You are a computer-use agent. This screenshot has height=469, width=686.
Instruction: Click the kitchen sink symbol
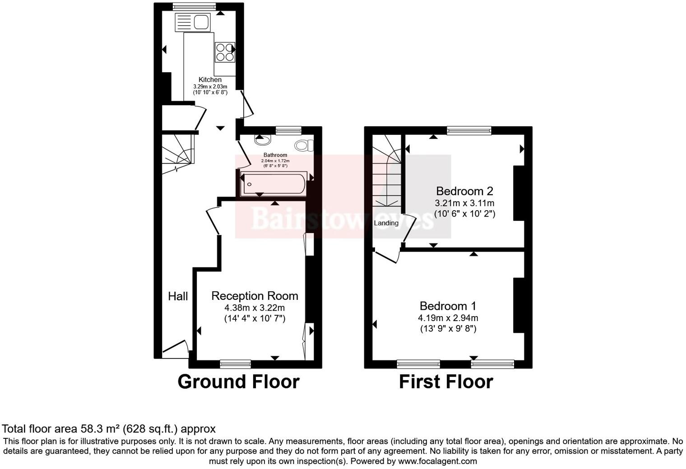click(x=193, y=22)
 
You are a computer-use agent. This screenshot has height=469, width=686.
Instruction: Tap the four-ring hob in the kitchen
click(x=225, y=52)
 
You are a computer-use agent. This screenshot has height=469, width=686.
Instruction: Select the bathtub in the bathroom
click(x=273, y=184)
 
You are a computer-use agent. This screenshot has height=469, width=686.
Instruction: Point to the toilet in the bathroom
click(x=304, y=145)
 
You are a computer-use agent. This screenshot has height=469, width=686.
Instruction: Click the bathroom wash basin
click(x=261, y=140)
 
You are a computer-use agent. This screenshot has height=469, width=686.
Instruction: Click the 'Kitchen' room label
click(x=210, y=80)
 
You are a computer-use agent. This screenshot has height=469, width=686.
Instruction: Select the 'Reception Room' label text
click(x=255, y=296)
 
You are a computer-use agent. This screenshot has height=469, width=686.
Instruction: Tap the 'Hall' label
click(x=178, y=296)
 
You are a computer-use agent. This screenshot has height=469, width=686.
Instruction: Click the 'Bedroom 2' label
click(x=464, y=191)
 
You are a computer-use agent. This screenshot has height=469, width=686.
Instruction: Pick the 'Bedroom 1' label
click(x=448, y=306)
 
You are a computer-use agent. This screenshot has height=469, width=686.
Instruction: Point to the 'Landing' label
click(x=386, y=223)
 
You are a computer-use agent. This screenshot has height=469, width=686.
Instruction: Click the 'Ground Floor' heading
click(x=238, y=382)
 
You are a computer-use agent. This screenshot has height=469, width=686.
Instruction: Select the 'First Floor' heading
click(x=446, y=382)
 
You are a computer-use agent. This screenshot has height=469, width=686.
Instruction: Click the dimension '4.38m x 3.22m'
click(x=255, y=308)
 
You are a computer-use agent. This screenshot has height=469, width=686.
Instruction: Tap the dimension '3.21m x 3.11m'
click(x=464, y=203)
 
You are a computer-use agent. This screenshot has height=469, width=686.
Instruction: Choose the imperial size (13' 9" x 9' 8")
click(x=448, y=329)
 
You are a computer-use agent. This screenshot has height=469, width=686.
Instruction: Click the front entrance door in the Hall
click(x=175, y=349)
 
